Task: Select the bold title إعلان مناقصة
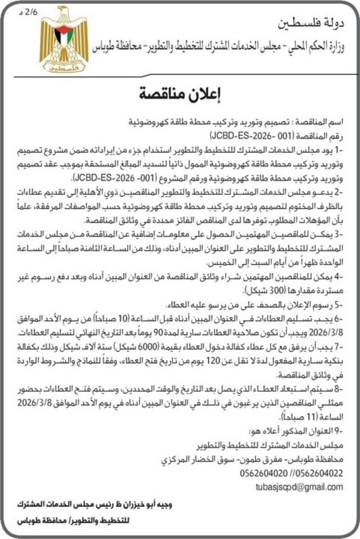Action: click(180, 93)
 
